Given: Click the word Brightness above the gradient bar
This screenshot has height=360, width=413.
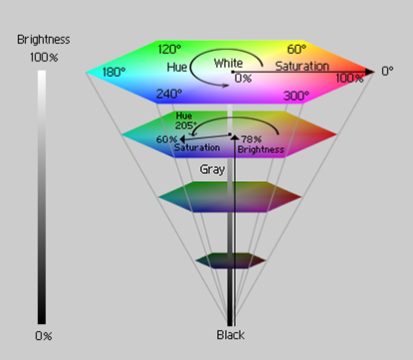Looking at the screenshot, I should point(41,40).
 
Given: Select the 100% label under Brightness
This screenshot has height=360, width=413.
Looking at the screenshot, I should point(41,58).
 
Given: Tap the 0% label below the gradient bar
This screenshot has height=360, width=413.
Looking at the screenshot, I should point(43,335).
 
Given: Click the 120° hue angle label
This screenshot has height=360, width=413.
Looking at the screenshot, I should point(171,48).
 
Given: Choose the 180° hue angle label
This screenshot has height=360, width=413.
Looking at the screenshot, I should point(112,73).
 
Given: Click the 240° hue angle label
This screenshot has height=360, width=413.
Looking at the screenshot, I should point(168,95).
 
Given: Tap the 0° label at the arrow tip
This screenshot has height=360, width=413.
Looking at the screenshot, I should point(389,73).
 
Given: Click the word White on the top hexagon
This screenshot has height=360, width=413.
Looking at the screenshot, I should point(228,63).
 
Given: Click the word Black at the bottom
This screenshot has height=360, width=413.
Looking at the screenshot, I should point(231,335).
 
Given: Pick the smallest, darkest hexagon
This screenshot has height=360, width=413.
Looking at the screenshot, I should point(230,261).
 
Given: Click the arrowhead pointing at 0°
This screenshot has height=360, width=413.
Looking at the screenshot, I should point(370,73).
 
